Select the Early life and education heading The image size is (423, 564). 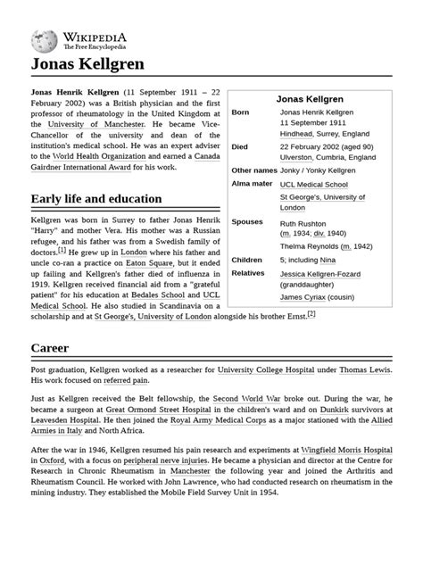click(96, 198)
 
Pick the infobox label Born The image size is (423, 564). click(240, 112)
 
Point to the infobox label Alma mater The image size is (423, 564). click(252, 183)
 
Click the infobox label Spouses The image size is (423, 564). click(247, 221)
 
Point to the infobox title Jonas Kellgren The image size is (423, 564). click(311, 98)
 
